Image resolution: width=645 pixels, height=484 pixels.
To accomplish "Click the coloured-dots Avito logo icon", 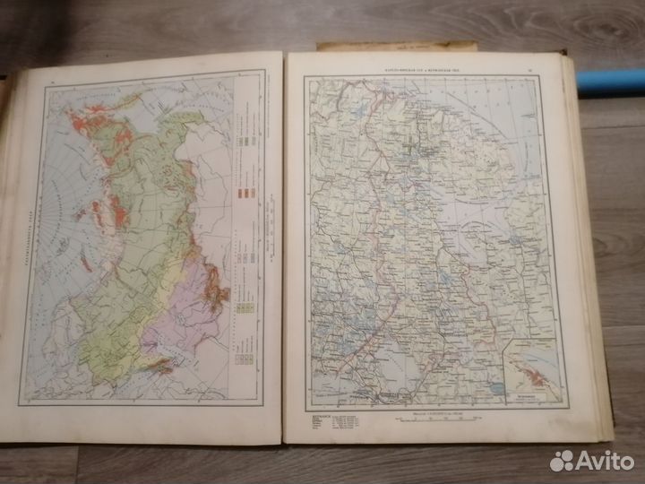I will point(562,461).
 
